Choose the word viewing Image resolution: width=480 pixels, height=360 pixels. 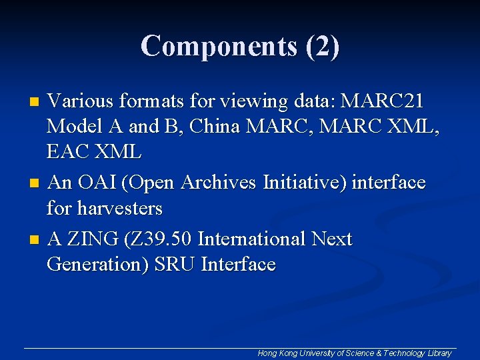coord(245,102)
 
